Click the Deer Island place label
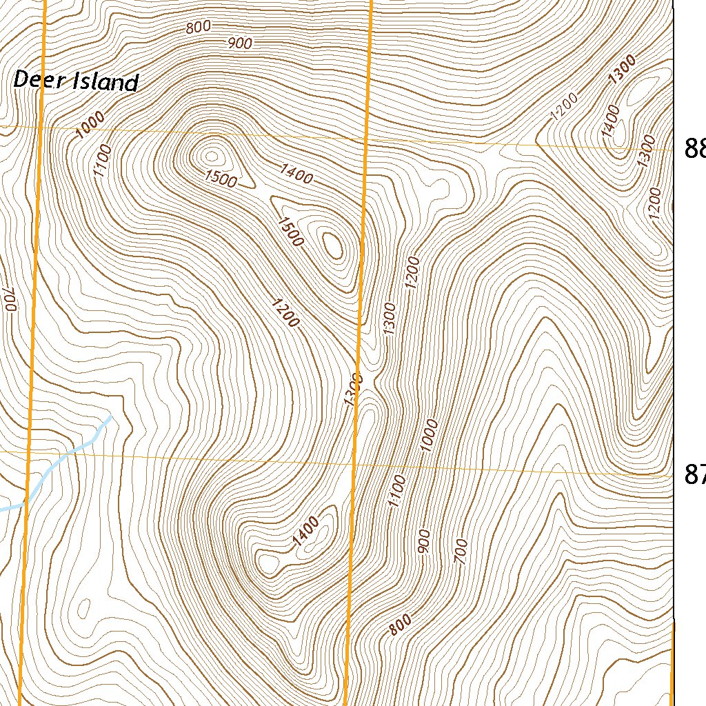click(76, 81)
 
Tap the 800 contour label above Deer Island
click(197, 28)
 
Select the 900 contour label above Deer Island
click(239, 43)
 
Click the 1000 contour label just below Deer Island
click(91, 125)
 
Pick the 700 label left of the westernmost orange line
click(9, 299)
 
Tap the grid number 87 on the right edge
click(694, 474)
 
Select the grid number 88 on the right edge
click(694, 148)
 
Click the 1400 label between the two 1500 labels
click(296, 175)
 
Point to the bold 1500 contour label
click(290, 232)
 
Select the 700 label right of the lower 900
click(461, 552)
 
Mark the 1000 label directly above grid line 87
click(430, 435)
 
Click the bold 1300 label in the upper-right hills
click(622, 70)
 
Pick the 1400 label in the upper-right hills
click(612, 121)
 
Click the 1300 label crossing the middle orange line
click(352, 390)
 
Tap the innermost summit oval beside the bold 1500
click(334, 245)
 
